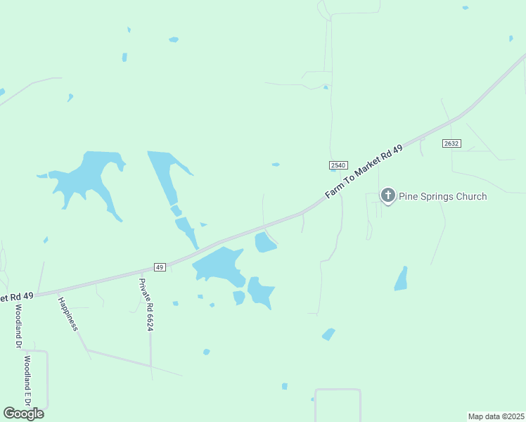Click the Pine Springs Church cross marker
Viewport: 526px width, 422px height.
[387, 196]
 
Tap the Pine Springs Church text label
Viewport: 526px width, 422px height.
[442, 196]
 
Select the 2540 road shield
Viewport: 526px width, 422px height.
[338, 165]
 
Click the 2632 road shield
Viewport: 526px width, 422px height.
[451, 143]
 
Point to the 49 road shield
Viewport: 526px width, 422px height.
[160, 267]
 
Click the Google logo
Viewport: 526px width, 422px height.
[23, 413]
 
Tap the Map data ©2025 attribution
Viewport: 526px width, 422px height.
[496, 416]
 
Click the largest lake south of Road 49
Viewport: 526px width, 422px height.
[219, 266]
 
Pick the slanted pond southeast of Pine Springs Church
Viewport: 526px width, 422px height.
[401, 279]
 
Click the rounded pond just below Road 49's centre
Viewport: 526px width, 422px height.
[264, 243]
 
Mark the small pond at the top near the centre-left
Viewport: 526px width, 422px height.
[173, 39]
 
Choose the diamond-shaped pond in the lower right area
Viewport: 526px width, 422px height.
[328, 334]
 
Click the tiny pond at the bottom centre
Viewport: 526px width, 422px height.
[284, 386]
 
